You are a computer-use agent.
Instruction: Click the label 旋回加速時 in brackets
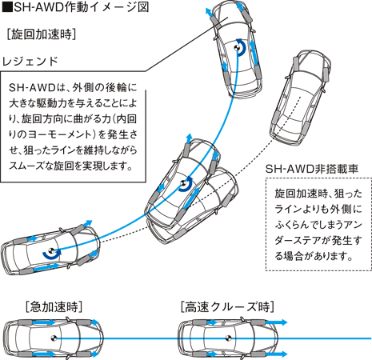coord(41,35)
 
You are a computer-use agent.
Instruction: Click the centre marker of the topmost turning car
coord(238,48)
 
